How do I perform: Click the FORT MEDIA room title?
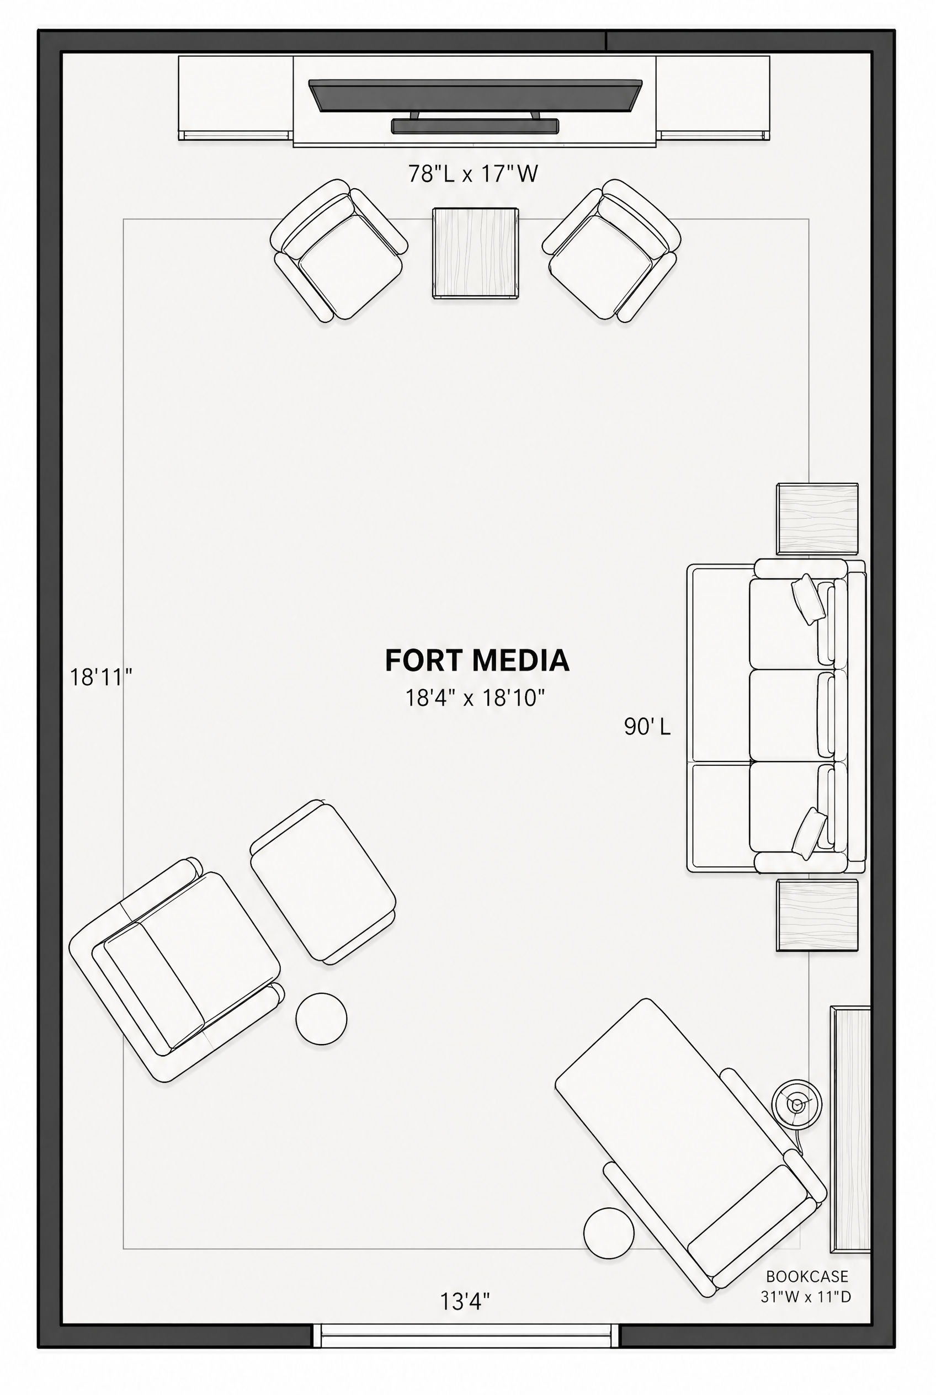coord(477,660)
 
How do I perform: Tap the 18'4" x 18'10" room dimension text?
coord(476,697)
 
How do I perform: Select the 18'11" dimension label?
coord(101,678)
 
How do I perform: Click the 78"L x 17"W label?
coord(474,174)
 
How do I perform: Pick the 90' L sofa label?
coord(647,726)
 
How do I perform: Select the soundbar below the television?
coord(475,126)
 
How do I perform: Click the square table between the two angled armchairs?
coord(476,253)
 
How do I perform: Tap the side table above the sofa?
coord(817,519)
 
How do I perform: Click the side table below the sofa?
coord(817,914)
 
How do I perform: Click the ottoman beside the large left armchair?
coord(323,882)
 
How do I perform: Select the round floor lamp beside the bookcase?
coord(796,1104)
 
